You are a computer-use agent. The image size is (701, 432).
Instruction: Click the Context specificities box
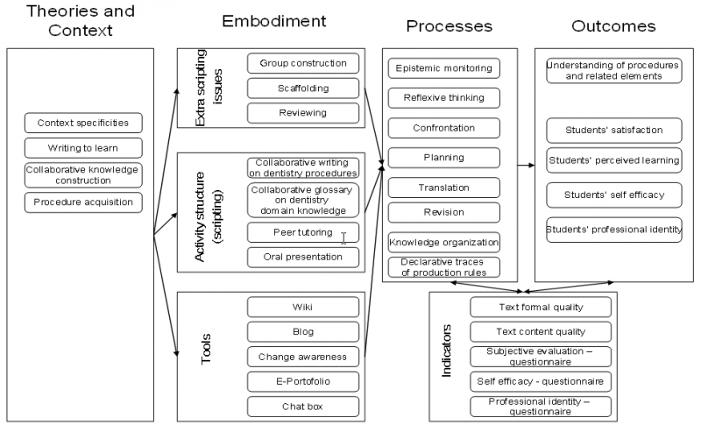83,123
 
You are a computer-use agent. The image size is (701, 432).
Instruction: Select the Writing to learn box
83,148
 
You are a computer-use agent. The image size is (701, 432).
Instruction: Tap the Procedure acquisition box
83,202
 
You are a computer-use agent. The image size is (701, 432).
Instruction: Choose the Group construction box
303,63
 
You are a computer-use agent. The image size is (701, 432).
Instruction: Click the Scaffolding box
303,89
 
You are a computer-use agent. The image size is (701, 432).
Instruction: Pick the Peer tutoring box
303,232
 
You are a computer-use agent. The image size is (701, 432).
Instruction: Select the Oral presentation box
303,257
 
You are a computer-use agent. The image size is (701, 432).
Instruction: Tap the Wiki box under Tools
303,308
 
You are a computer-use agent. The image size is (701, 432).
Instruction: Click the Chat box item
303,407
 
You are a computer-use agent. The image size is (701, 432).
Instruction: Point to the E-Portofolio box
303,381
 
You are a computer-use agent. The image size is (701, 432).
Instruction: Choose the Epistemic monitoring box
444,68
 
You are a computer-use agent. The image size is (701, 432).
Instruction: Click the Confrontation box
444,128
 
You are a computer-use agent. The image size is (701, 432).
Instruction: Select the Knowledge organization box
444,243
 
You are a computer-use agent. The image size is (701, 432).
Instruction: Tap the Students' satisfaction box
614,131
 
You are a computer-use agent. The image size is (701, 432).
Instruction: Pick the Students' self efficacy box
614,195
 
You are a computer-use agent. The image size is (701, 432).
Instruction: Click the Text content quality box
541,332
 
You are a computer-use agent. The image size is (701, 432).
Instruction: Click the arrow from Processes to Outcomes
527,166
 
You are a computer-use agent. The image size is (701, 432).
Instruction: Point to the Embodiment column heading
274,21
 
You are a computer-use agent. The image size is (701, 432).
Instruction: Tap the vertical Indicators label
446,351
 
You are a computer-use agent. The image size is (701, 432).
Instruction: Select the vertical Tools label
206,350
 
